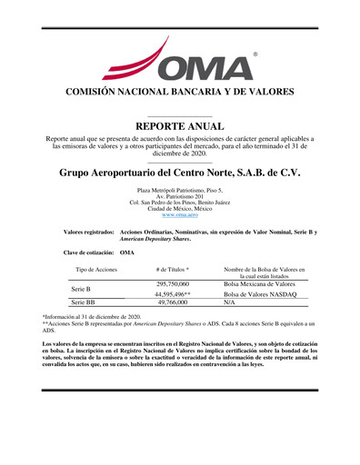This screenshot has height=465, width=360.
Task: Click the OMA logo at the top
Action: coord(181,60)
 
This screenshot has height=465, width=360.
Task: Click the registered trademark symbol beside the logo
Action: coord(255,54)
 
